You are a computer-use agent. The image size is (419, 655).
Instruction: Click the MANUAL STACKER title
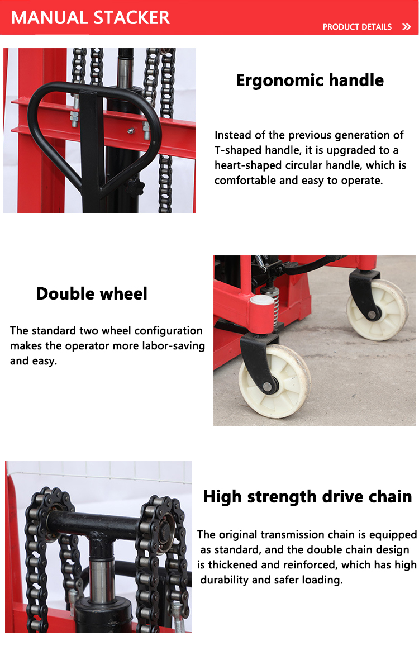[x=90, y=17]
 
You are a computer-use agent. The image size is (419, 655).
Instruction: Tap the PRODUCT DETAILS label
[x=357, y=27]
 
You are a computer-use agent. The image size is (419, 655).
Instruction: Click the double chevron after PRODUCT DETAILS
[x=406, y=27]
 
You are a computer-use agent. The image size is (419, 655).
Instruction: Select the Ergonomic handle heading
[x=310, y=80]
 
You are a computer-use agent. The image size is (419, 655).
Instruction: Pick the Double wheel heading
[x=92, y=293]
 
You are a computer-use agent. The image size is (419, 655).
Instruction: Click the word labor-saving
[x=173, y=346]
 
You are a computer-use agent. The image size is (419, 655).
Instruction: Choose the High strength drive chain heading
[x=307, y=496]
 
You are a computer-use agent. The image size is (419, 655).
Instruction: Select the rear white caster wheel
[x=377, y=309]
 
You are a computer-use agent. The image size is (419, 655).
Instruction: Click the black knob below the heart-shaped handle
[x=135, y=186]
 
